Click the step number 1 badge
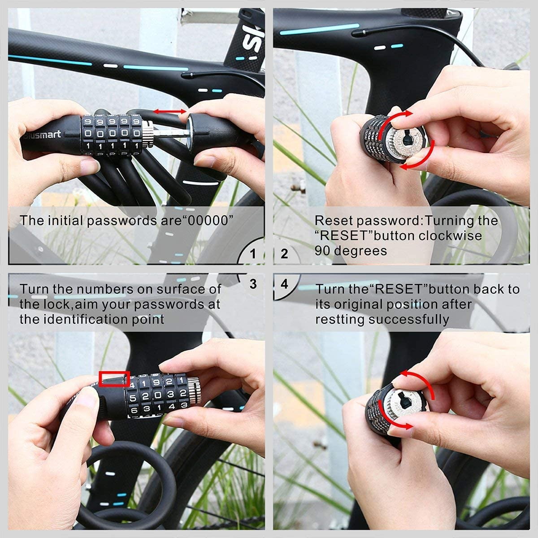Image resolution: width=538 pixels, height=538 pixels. click(x=253, y=254)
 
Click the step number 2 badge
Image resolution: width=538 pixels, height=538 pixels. click(x=284, y=254)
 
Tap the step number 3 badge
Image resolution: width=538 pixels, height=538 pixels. click(x=253, y=284)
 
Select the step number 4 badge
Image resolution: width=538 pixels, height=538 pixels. click(x=284, y=284)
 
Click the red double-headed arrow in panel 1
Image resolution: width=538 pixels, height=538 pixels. click(x=170, y=111)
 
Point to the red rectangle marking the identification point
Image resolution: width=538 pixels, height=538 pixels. click(x=114, y=379)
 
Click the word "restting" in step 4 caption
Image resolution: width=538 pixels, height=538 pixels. click(x=340, y=319)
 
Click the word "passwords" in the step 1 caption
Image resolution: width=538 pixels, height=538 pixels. click(x=118, y=221)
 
